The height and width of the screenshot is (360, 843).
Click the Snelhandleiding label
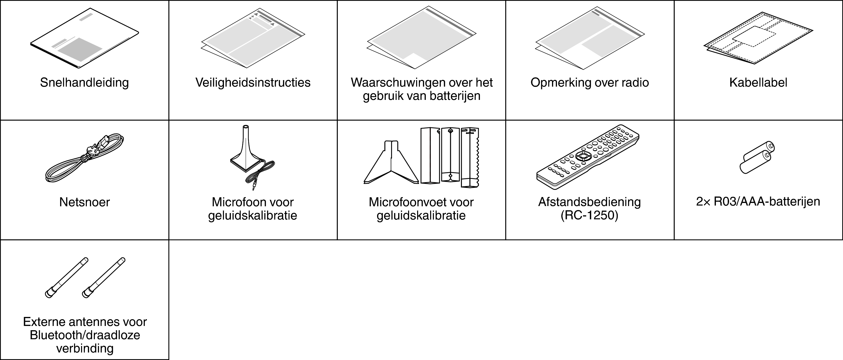click(x=84, y=82)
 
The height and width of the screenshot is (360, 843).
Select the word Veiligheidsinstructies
click(x=253, y=82)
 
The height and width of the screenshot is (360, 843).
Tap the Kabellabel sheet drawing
click(x=758, y=43)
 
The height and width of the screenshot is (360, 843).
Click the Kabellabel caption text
click(x=758, y=82)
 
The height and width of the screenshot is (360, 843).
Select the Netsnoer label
click(x=84, y=202)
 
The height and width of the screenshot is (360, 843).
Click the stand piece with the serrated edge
click(x=470, y=157)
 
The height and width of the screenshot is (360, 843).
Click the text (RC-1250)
click(x=589, y=216)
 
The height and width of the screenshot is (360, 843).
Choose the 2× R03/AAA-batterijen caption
click(x=758, y=202)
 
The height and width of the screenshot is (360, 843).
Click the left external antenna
click(x=66, y=278)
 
